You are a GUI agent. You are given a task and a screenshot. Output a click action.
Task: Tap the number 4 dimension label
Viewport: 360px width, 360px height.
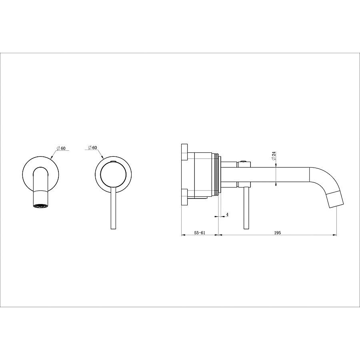coord(227,214)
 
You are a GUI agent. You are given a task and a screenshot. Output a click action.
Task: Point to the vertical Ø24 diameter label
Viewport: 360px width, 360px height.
coord(274,156)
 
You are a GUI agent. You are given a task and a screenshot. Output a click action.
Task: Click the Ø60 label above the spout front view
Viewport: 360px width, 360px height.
coord(60,148)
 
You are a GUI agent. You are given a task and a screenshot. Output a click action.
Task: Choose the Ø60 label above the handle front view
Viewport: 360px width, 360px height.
coord(92,147)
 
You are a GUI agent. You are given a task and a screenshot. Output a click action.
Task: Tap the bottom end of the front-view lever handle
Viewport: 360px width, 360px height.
coord(114,229)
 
